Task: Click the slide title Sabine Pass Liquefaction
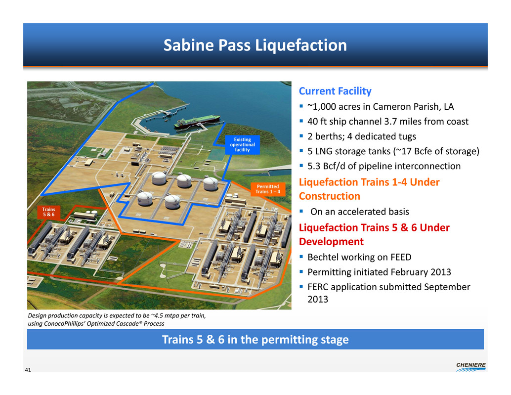(x=255, y=45)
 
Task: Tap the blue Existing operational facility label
(x=243, y=145)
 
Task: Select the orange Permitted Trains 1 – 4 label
(x=267, y=189)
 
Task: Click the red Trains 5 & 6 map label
(x=48, y=212)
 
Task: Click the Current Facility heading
(x=335, y=91)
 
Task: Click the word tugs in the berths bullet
(x=405, y=136)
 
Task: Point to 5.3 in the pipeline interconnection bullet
(x=314, y=166)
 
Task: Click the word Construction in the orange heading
(x=330, y=196)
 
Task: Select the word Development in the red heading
(x=331, y=241)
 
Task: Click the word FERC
(x=318, y=287)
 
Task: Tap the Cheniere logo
(x=470, y=367)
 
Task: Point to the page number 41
(x=28, y=370)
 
